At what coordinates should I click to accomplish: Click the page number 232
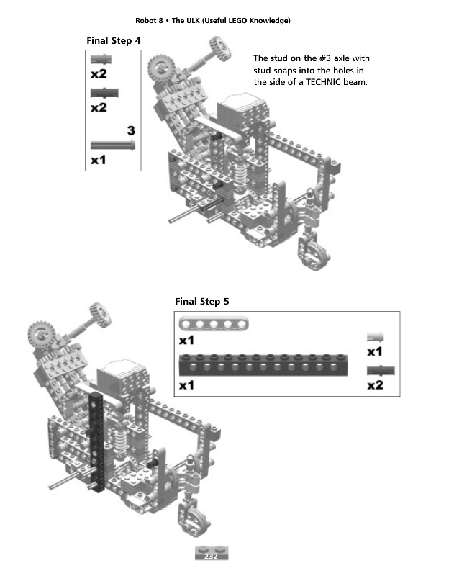pyautogui.click(x=211, y=556)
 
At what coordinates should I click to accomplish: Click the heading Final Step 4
pyautogui.click(x=114, y=41)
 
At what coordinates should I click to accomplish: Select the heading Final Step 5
pyautogui.click(x=202, y=302)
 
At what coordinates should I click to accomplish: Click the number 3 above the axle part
pyautogui.click(x=131, y=130)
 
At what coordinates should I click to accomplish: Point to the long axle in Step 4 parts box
pyautogui.click(x=113, y=145)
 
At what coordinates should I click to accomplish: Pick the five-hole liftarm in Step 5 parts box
pyautogui.click(x=214, y=324)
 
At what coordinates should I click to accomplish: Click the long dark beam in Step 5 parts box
pyautogui.click(x=263, y=365)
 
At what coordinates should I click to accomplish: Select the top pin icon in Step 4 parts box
pyautogui.click(x=101, y=59)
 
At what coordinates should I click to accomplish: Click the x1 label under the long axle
pyautogui.click(x=99, y=160)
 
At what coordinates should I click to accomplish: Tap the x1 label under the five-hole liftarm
pyautogui.click(x=186, y=341)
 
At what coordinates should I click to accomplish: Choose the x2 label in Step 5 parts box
pyautogui.click(x=375, y=385)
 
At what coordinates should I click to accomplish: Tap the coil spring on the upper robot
pyautogui.click(x=240, y=173)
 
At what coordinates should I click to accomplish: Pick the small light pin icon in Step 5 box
pyautogui.click(x=375, y=336)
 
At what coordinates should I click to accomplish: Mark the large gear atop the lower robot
pyautogui.click(x=41, y=335)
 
